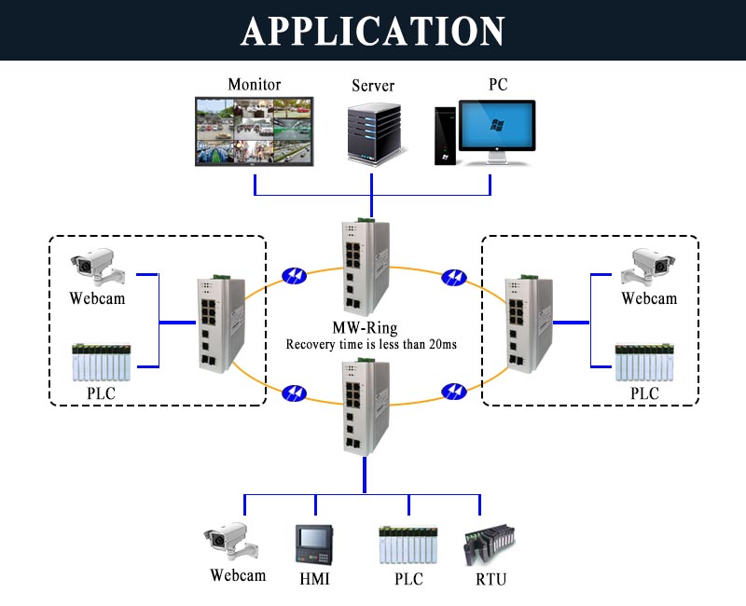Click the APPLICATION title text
click(373, 30)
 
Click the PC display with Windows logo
click(498, 129)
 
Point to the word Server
click(373, 86)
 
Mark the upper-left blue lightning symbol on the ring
click(293, 277)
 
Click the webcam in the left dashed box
click(97, 268)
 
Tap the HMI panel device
click(314, 544)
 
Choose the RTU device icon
click(489, 545)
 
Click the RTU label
click(490, 579)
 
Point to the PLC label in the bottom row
click(408, 579)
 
